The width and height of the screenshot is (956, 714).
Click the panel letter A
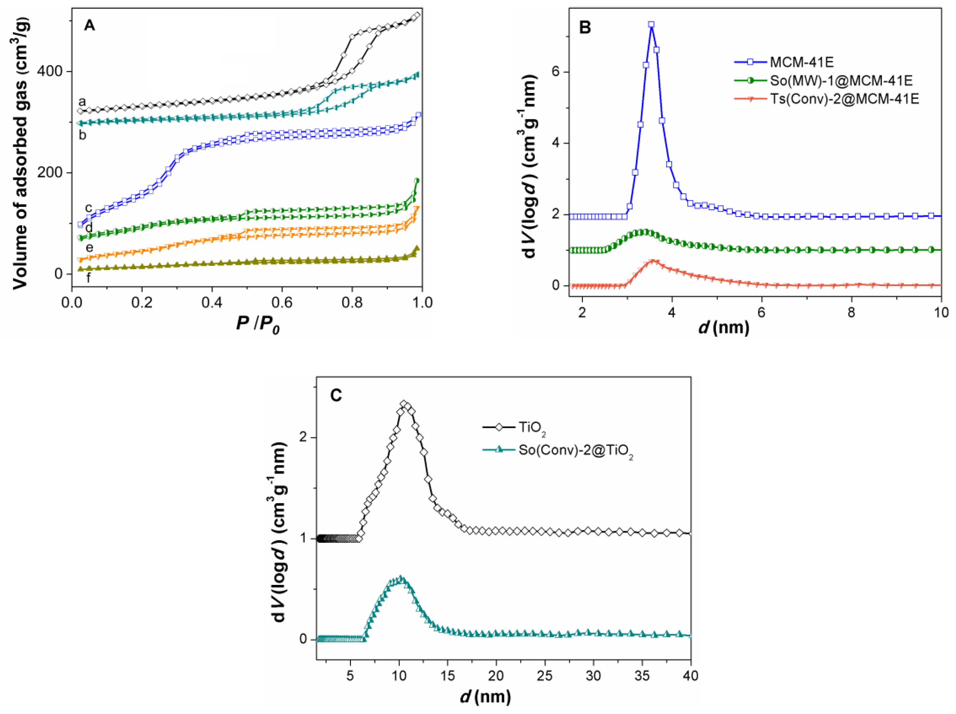[x=89, y=26]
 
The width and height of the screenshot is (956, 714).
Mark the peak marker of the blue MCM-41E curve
[x=651, y=25]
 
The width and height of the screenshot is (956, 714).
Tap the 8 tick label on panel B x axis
[x=851, y=312]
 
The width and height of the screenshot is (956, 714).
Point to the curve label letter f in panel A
[x=89, y=278]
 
